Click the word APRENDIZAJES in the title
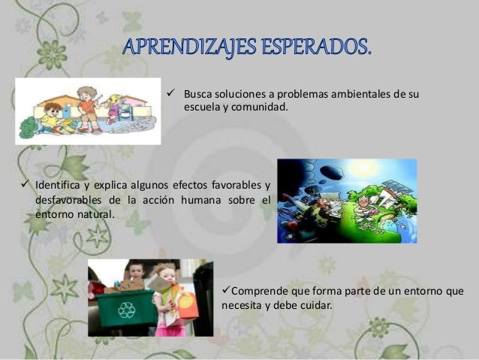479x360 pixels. [x=189, y=47]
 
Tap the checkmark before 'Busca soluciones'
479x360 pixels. [x=170, y=92]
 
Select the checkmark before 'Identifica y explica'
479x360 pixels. [x=25, y=183]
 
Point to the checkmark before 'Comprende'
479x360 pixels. [x=226, y=289]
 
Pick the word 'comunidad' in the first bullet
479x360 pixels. [x=259, y=107]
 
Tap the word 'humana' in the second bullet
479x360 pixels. [x=201, y=200]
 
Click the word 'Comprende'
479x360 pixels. [x=259, y=292]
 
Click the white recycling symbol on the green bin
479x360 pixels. [x=126, y=310]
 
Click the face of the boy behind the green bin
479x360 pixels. [x=135, y=271]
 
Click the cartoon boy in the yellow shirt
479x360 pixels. [x=51, y=119]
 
